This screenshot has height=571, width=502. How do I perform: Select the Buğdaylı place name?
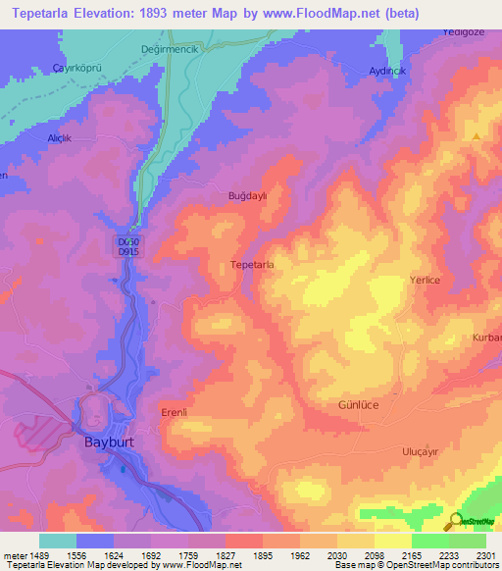[247, 195]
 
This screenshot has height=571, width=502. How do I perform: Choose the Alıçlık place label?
[61, 138]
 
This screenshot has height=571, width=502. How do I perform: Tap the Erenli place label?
[174, 412]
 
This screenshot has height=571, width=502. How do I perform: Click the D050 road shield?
[128, 240]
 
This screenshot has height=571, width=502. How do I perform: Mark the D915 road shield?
[128, 252]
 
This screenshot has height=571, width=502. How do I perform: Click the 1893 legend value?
[262, 554]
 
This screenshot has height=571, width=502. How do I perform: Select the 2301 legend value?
[483, 554]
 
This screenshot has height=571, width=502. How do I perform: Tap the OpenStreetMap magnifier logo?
[454, 521]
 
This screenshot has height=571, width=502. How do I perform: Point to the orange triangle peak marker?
[477, 137]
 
